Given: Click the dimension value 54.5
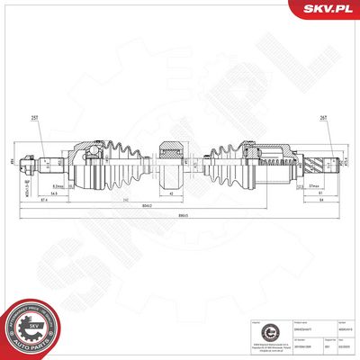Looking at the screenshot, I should pyautogui.click(x=55, y=193).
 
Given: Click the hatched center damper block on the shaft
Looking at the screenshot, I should pyautogui.click(x=171, y=163).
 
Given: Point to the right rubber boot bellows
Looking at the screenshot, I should pyautogui.click(x=230, y=163).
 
